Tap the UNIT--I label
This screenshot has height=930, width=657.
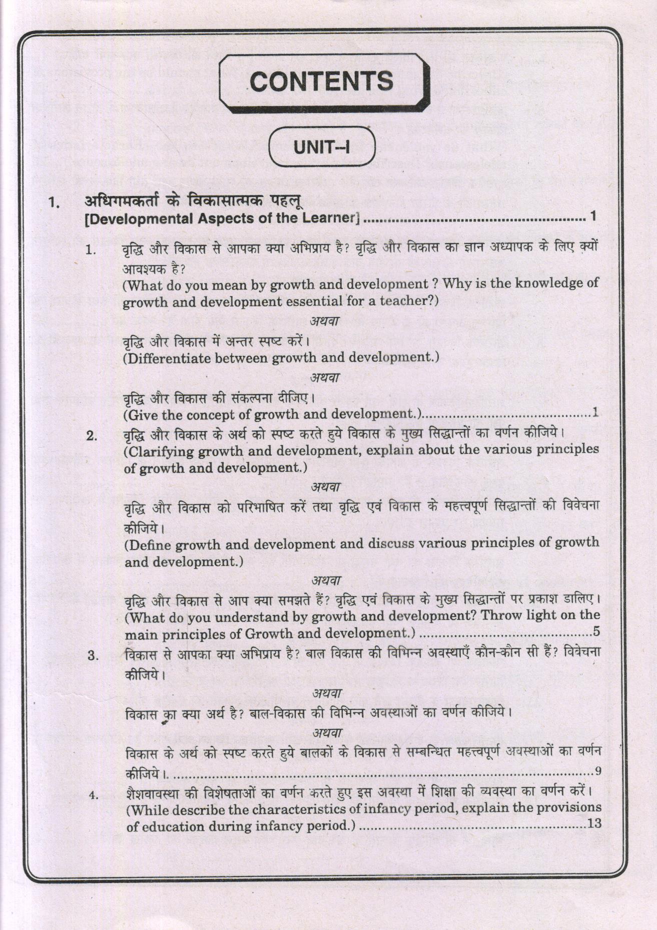click(322, 147)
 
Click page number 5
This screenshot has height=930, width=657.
click(596, 631)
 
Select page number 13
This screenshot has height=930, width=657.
click(594, 823)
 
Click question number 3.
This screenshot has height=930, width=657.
click(93, 655)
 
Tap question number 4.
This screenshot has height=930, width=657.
click(93, 795)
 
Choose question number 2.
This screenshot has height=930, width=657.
click(92, 435)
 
